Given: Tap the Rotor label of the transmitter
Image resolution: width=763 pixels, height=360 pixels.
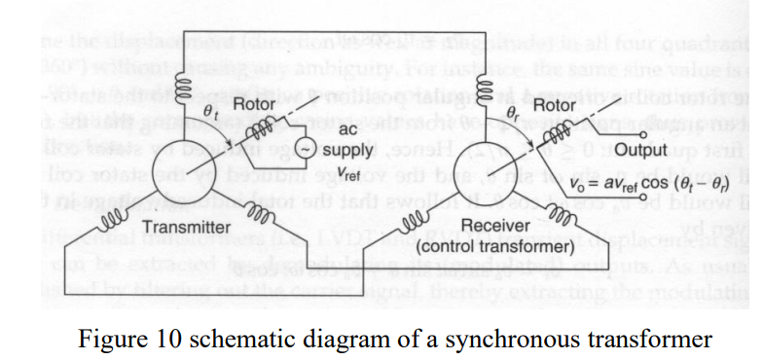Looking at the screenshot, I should point(252,103).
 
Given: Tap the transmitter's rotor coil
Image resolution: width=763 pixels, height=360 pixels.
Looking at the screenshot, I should point(260,132).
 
